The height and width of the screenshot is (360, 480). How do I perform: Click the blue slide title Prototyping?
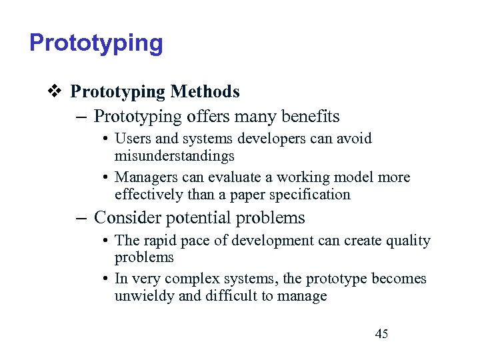tap(96, 43)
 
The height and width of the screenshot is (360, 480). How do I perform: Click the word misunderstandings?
tap(175, 156)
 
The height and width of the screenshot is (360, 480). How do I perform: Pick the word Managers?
tap(146, 177)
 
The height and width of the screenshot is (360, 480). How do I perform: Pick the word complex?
tap(190, 279)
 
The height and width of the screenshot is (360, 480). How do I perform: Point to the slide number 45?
tap(381, 334)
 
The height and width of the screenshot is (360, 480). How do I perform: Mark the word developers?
tap(272, 139)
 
